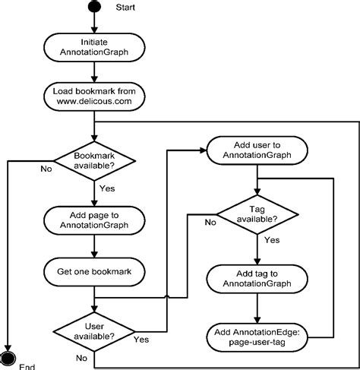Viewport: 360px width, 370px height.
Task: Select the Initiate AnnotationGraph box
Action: [x=93, y=47]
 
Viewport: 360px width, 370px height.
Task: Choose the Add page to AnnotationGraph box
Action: [x=93, y=220]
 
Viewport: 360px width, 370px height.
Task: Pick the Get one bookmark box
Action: [x=93, y=271]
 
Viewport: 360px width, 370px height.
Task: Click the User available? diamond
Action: [x=93, y=330]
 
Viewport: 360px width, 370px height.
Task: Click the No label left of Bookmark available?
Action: [x=46, y=169]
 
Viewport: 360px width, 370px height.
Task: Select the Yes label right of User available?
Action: [x=141, y=339]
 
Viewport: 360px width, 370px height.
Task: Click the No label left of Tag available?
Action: [x=209, y=223]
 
